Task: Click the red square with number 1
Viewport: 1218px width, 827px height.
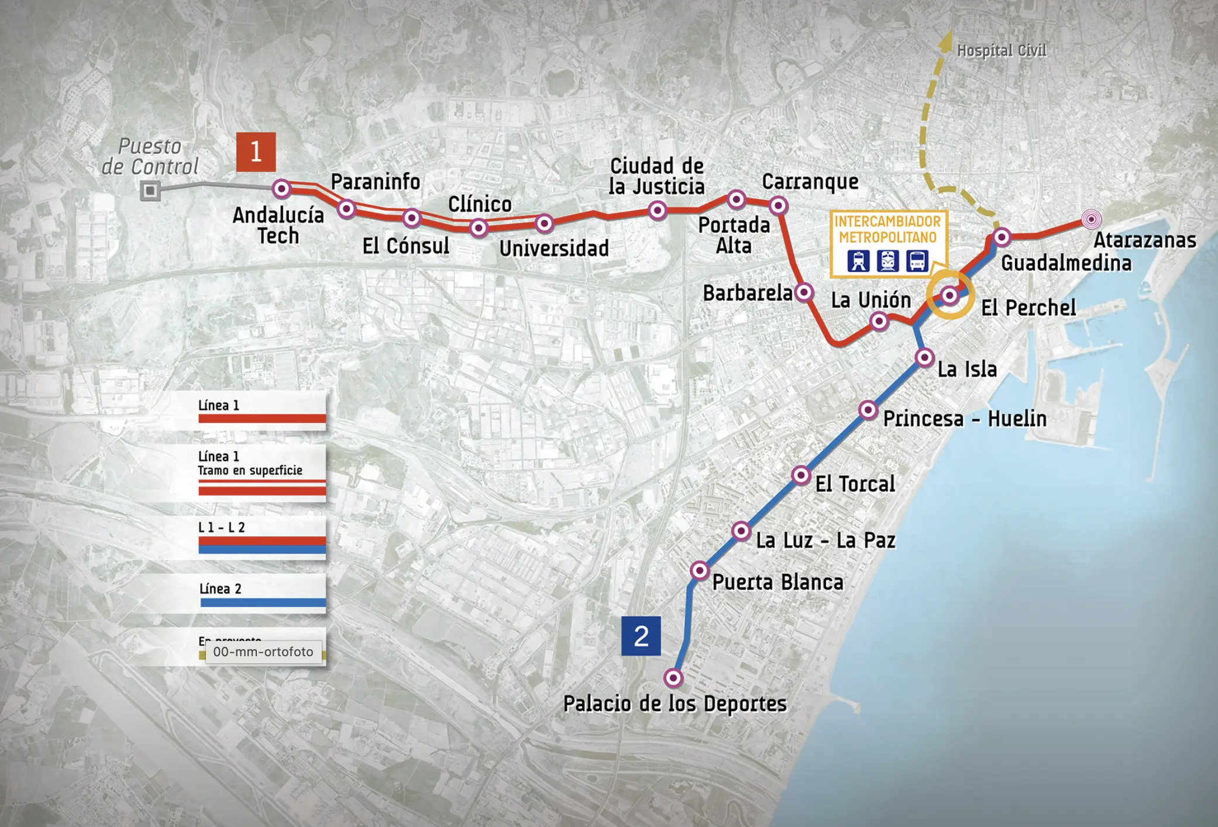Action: [256, 152]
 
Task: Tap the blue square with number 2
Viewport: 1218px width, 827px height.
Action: [641, 636]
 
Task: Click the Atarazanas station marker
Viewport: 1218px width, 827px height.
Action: [1090, 219]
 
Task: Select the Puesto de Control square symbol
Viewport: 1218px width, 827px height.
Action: [150, 190]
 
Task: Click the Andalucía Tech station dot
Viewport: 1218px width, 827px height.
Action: [281, 188]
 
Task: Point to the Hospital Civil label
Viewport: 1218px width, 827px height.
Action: [1002, 51]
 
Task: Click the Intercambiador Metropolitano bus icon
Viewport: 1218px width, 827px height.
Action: [917, 261]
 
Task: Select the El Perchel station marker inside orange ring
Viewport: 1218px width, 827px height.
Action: [949, 295]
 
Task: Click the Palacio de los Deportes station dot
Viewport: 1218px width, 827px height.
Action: [673, 678]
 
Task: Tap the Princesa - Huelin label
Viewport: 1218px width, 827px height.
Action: [965, 419]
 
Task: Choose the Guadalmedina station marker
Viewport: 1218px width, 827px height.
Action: [1002, 237]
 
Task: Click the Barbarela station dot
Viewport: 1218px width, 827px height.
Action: [804, 291]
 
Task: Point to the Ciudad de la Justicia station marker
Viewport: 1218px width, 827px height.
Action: [658, 209]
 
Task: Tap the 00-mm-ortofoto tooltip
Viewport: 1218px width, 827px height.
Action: [263, 652]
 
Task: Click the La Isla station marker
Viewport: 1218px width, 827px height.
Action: [924, 357]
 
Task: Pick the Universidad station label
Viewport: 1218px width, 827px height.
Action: [553, 249]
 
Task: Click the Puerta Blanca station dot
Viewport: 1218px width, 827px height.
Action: [699, 570]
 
